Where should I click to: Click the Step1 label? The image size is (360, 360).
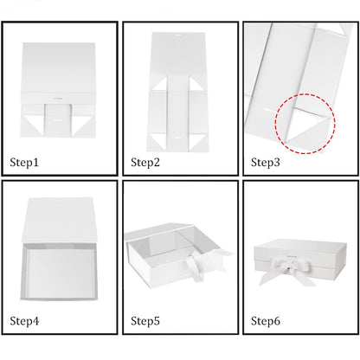click(24, 163)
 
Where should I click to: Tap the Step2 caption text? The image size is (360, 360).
click(145, 163)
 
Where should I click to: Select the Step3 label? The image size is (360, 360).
click(266, 163)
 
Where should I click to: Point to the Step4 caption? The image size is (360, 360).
click(24, 321)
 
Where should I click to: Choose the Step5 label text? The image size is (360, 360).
click(145, 321)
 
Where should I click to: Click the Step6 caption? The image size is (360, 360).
click(266, 321)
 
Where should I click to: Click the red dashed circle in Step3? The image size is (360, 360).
click(276, 124)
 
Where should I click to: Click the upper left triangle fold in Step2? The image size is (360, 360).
click(160, 85)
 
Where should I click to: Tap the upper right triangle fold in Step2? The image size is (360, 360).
click(196, 85)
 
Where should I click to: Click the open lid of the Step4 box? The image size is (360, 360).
click(60, 220)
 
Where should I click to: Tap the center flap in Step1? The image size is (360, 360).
click(58, 119)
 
